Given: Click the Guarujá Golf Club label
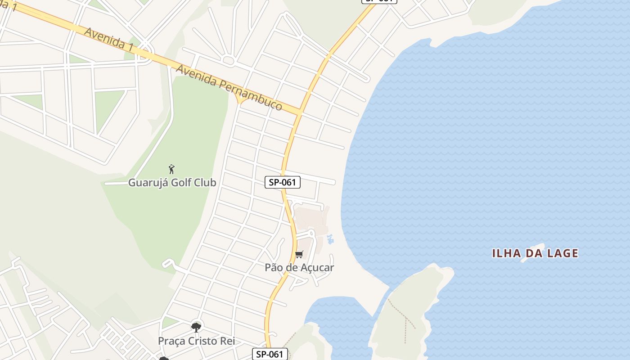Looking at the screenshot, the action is click(172, 183).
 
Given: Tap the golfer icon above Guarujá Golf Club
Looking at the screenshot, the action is click(171, 170).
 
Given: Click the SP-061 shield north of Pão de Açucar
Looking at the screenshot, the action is click(282, 182).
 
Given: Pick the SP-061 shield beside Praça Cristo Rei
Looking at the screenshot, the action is click(270, 354).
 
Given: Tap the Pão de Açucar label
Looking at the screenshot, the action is click(299, 268).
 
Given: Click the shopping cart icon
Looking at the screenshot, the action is click(299, 255).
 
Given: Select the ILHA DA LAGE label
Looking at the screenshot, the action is click(535, 253).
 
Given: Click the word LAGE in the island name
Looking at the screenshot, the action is click(561, 253).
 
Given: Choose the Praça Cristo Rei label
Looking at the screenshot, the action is click(196, 341).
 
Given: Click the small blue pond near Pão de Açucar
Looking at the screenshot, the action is click(331, 239).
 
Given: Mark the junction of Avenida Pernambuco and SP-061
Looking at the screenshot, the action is click(299, 113).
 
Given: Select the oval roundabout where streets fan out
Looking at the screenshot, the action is click(229, 60).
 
